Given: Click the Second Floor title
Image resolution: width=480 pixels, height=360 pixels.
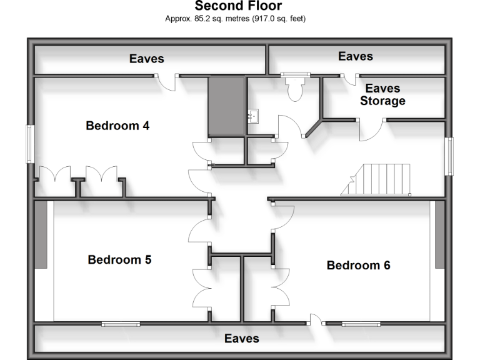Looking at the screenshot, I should [238, 6].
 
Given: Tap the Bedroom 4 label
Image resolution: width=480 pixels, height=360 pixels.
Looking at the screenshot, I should [117, 126].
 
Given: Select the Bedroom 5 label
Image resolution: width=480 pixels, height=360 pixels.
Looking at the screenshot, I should [119, 259].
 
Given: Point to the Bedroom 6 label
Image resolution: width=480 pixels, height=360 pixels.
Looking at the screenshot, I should [358, 265].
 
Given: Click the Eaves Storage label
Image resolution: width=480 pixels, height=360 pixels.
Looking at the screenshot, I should [382, 94].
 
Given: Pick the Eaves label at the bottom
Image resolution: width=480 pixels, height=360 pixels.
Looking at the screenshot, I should [241, 338].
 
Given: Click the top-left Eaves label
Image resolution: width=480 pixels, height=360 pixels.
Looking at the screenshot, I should [147, 59].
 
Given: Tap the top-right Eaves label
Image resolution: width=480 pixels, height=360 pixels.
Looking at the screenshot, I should [356, 56].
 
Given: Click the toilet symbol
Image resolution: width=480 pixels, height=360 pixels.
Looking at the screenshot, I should [295, 89].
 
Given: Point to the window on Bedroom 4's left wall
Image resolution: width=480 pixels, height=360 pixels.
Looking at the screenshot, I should [29, 144].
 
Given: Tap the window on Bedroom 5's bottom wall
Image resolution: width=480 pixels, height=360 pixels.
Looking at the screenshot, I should [121, 324].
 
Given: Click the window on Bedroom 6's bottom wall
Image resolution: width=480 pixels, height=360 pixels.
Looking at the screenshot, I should [361, 324].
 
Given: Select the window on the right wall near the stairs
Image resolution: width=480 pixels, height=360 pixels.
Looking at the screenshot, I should [449, 156].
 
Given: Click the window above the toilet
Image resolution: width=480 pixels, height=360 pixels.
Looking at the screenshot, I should [295, 76].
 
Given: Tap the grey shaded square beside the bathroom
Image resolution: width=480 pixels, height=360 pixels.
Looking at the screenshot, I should [226, 106].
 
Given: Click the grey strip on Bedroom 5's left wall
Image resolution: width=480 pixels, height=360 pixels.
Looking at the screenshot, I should [41, 235].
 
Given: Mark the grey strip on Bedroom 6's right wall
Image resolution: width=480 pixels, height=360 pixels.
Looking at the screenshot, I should [439, 235].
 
